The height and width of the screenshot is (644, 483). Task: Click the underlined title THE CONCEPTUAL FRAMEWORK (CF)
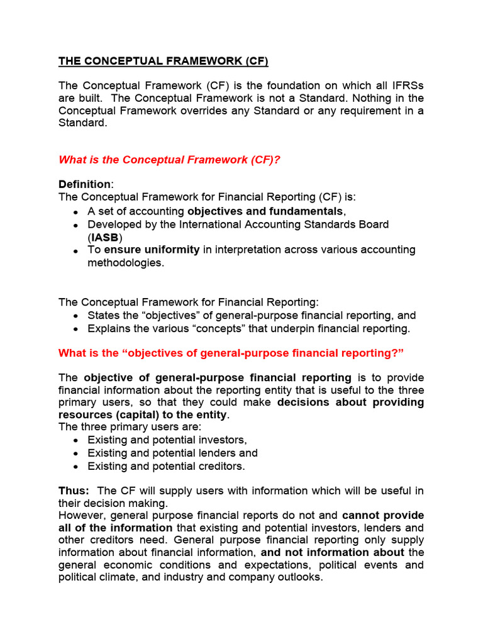tap(163, 61)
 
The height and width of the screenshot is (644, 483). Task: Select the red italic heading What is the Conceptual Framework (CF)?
tap(169, 160)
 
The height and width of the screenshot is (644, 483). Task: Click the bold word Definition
tap(84, 184)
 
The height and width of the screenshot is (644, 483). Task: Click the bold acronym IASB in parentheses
tap(105, 237)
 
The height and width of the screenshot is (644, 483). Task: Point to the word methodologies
tap(125, 262)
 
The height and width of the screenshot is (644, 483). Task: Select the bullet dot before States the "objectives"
tap(76, 316)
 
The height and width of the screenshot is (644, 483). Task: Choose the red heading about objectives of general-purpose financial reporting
tap(231, 353)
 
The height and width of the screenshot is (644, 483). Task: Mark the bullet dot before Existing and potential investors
tap(76, 441)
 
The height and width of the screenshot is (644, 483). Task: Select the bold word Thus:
tap(74, 491)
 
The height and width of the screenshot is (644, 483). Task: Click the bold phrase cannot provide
tap(383, 516)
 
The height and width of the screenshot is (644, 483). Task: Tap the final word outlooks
tap(298, 577)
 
